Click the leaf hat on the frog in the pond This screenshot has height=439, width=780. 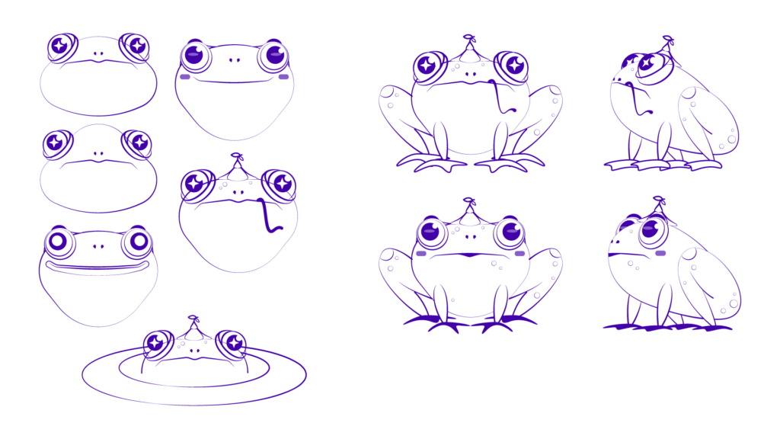pos(194,328)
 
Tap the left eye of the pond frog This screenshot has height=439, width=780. pos(157,342)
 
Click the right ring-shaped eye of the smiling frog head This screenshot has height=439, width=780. pos(139,242)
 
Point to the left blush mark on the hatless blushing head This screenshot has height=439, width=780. pos(184,76)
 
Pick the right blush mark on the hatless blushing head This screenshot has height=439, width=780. pos(284,76)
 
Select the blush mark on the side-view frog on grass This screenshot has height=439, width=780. pos(660,252)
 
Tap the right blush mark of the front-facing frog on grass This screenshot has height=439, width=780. pos(520,252)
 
